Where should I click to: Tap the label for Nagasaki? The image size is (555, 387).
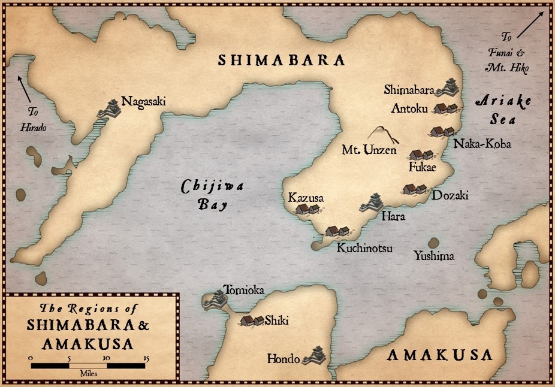[x=143, y=101]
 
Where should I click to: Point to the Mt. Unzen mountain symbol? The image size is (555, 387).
[x=379, y=134]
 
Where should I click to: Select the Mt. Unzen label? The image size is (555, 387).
[x=369, y=150]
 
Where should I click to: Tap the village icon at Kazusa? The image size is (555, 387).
[x=307, y=209]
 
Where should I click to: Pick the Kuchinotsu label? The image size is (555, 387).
[x=364, y=247]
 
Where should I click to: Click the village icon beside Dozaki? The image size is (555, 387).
[x=415, y=189]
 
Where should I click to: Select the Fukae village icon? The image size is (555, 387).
[x=421, y=155]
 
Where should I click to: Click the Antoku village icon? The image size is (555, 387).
[x=446, y=108]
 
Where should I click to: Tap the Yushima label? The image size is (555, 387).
[x=434, y=256]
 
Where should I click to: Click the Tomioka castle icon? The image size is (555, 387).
[x=214, y=299]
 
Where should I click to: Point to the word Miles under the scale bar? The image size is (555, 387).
[x=88, y=373]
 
